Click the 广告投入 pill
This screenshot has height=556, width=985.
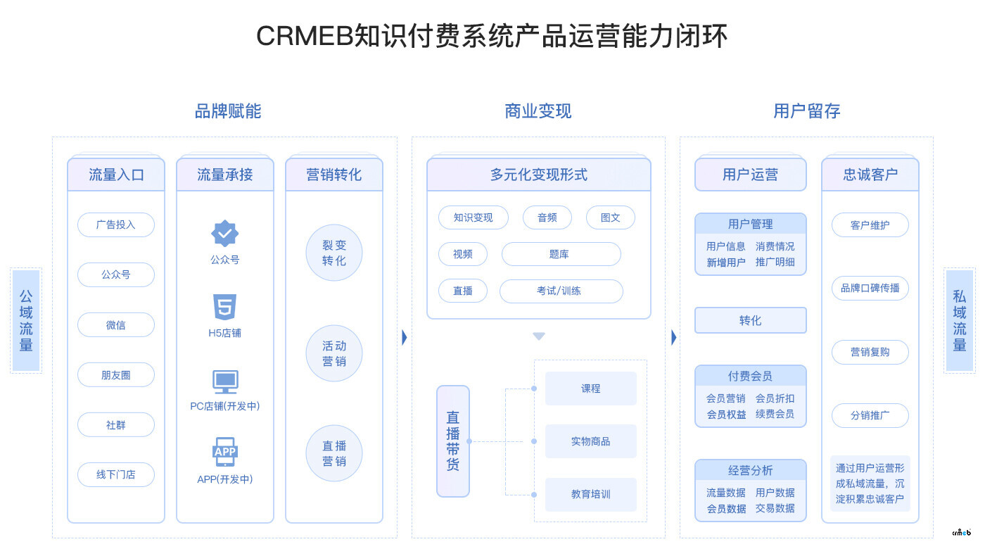tap(115, 225)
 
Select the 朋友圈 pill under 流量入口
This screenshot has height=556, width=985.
tap(115, 375)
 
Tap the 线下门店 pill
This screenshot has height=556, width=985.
tap(115, 474)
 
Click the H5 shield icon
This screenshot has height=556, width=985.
tap(224, 308)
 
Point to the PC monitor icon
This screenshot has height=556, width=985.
tap(225, 382)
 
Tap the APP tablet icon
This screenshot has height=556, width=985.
tap(225, 452)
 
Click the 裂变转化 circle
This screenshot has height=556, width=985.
tap(334, 252)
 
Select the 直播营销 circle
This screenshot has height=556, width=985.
tap(334, 453)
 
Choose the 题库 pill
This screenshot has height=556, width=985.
tap(561, 254)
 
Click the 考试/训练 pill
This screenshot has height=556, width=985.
tap(561, 291)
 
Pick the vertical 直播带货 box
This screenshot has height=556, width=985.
tap(452, 441)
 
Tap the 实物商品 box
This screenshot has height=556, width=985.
tap(590, 441)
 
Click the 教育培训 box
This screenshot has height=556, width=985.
tap(590, 494)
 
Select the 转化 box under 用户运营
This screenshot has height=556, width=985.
tap(750, 320)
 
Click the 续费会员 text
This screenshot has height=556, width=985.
tap(775, 415)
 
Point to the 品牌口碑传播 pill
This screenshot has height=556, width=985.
tap(870, 288)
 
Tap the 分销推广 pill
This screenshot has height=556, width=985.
tap(870, 415)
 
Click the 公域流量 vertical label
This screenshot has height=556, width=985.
tap(26, 320)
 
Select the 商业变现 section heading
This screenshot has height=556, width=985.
tap(538, 111)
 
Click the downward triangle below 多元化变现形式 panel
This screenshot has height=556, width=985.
tap(539, 336)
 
